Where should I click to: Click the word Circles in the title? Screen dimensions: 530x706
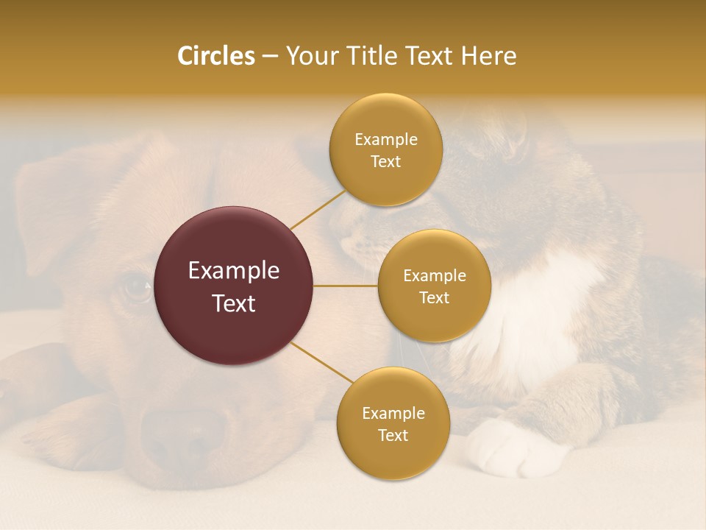[x=215, y=56]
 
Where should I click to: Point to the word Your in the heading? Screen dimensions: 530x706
[x=311, y=56]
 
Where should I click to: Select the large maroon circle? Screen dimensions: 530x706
[x=233, y=286]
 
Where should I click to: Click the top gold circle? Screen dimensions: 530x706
[x=385, y=149]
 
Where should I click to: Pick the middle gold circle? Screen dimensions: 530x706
[x=434, y=286]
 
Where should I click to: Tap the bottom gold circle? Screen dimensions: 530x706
[x=393, y=423]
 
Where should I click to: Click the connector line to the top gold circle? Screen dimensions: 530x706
[x=318, y=210]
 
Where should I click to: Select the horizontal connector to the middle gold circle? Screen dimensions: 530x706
[x=345, y=286]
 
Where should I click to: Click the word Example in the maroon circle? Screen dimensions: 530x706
[x=233, y=271]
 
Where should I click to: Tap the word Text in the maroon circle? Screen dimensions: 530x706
[x=233, y=303]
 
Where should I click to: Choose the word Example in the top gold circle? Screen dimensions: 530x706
[x=385, y=139]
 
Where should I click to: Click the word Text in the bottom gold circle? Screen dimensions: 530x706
[x=393, y=435]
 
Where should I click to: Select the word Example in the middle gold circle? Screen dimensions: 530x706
[x=434, y=275]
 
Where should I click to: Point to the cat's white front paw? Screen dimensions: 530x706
[x=504, y=448]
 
